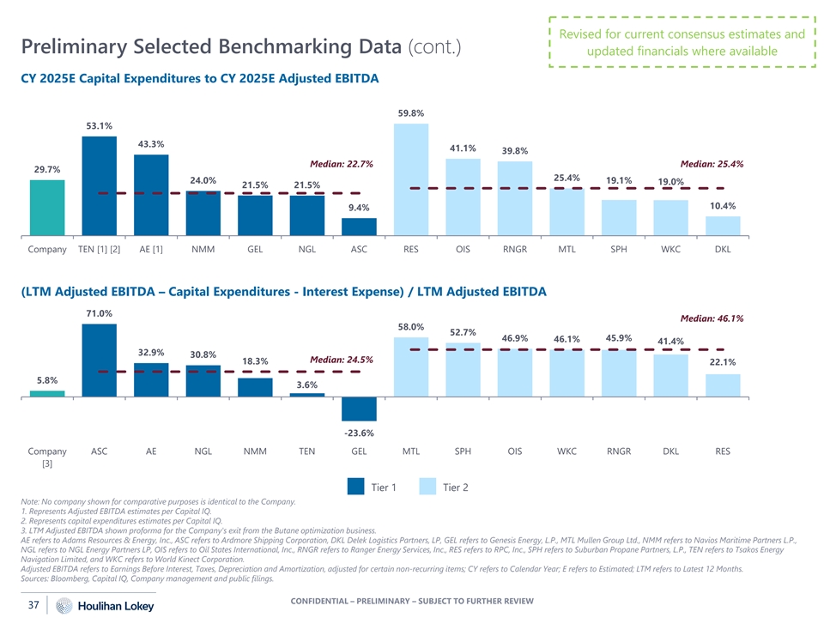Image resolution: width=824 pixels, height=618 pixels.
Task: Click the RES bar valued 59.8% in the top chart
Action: point(411,178)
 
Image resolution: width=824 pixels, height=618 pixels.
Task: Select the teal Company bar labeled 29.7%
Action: point(47,206)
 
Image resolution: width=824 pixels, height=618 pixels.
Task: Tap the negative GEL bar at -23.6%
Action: point(359,409)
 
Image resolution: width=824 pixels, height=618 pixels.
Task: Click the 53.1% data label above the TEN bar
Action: point(99,126)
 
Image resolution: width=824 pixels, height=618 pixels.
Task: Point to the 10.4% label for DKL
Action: point(723,206)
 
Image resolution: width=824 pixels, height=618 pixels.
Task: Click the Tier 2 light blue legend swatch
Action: point(429,487)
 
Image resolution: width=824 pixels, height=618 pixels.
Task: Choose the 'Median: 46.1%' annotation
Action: point(712,318)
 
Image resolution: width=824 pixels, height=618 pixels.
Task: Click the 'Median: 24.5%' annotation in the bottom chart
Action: point(341,360)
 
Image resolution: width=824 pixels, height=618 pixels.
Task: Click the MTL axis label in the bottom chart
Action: point(411,451)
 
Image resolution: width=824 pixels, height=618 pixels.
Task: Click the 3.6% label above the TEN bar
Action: point(307,385)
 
